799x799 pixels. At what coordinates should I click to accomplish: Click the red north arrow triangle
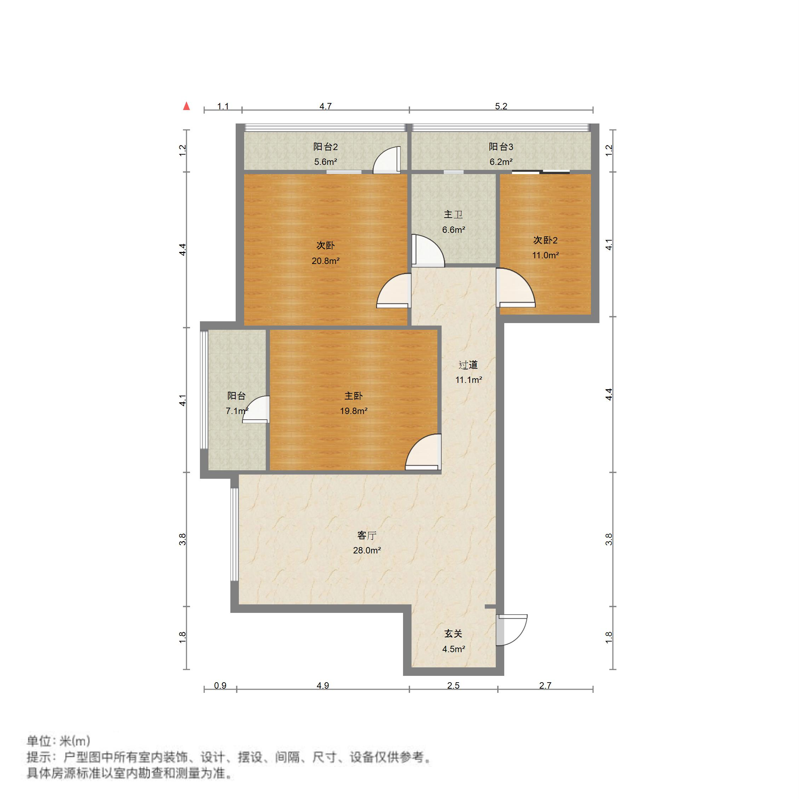(186, 106)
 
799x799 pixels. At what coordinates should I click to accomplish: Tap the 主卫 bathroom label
(453, 215)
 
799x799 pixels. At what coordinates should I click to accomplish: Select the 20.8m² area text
(326, 261)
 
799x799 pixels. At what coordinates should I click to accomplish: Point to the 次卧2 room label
(545, 240)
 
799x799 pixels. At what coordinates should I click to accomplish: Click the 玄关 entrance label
(453, 634)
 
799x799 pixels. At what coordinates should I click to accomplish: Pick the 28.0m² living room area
(367, 551)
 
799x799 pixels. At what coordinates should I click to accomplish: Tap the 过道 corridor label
(468, 365)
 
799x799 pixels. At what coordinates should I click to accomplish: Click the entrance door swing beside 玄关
(512, 630)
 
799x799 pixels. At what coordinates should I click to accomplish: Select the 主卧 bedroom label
(353, 396)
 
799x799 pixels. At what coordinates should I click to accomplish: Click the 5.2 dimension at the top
(501, 106)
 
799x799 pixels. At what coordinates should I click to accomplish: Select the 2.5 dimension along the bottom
(453, 686)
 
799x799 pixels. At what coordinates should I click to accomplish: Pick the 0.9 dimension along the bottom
(220, 686)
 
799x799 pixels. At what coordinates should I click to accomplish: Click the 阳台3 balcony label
(501, 147)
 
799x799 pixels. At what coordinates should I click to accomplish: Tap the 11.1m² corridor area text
(469, 380)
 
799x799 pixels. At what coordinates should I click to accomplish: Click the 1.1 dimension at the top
(223, 106)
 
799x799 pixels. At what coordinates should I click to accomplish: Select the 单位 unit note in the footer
(58, 741)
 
